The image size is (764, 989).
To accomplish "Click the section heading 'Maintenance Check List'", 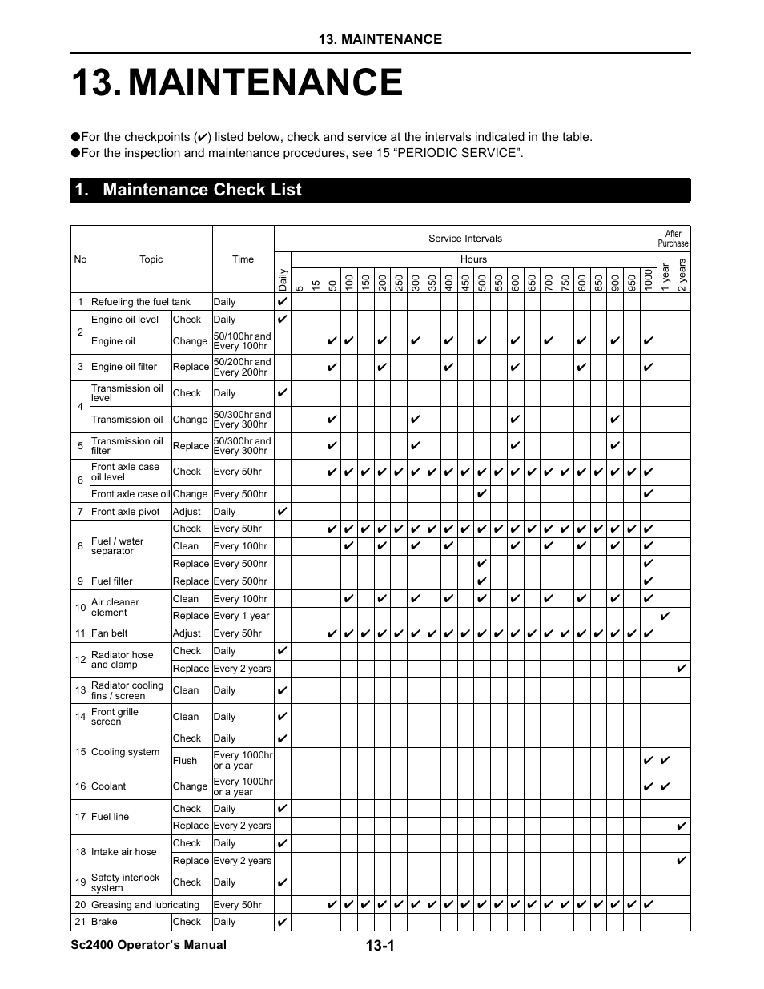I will (x=202, y=190).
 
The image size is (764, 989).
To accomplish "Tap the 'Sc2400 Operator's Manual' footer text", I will (x=148, y=945).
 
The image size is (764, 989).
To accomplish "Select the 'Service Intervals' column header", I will (x=464, y=239).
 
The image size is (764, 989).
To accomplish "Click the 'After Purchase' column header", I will (x=673, y=239).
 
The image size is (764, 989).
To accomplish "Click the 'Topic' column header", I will (x=151, y=259).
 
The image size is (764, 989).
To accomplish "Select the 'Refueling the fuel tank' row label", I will (x=141, y=302).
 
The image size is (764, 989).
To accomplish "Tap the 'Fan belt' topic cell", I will (x=111, y=633).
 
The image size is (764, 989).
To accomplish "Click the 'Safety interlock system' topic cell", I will (x=126, y=882).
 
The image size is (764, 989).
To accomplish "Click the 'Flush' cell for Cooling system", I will (x=185, y=761).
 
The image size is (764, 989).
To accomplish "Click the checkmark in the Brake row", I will (x=282, y=922).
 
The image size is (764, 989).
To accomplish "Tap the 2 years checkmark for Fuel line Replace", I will (x=682, y=826).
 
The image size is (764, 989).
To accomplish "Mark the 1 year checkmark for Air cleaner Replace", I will (x=665, y=616).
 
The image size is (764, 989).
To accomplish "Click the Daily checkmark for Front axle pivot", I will (x=282, y=512).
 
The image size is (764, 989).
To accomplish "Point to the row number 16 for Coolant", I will (x=80, y=786).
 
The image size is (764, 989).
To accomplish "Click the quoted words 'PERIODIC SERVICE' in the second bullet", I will (x=465, y=153).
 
